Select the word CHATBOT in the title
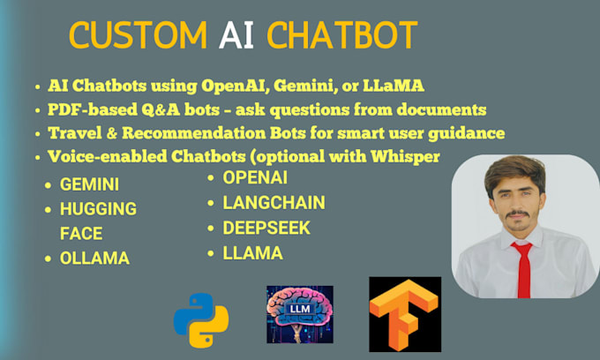click(x=342, y=36)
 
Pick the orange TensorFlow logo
click(x=404, y=314)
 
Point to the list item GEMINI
click(x=89, y=185)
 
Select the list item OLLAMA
click(x=94, y=258)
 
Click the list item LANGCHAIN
click(x=274, y=203)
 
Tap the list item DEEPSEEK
click(x=266, y=228)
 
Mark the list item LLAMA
click(x=252, y=253)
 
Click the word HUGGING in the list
click(x=98, y=209)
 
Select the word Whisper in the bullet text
click(x=405, y=156)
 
